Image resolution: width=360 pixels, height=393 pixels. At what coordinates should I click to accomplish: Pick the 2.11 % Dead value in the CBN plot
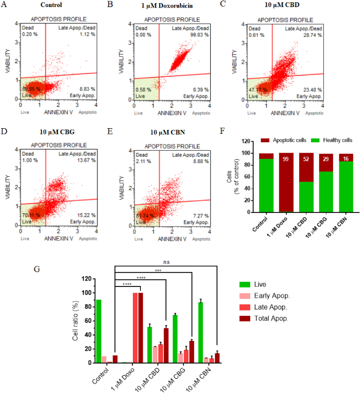click(x=141, y=163)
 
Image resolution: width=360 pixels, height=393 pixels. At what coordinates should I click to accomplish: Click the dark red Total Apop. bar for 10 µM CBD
click(x=166, y=345)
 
